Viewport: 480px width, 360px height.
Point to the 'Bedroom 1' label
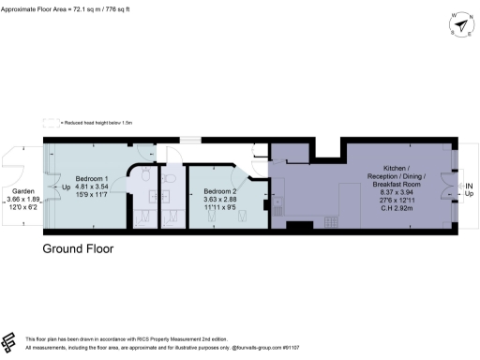click(92, 178)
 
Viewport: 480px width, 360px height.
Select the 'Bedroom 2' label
click(220, 192)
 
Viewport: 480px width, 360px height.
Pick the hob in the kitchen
click(330, 221)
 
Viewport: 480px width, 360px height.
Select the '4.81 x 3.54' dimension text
click(92, 187)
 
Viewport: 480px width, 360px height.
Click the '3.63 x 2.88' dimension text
click(220, 201)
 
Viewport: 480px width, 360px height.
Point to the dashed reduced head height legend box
click(50, 122)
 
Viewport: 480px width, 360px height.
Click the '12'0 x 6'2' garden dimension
click(22, 208)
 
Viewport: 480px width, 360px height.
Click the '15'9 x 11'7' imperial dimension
click(92, 196)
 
